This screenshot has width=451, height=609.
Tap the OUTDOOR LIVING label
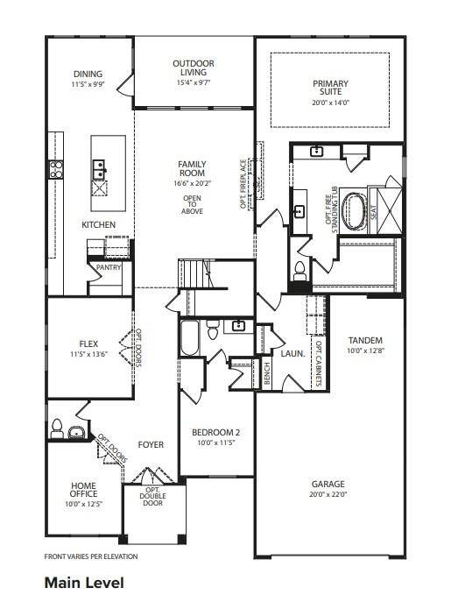pyautogui.click(x=194, y=64)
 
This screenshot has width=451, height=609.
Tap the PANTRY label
pyautogui.click(x=109, y=267)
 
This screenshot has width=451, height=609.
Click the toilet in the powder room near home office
pyautogui.click(x=58, y=428)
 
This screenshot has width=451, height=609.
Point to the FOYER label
pyautogui.click(x=151, y=445)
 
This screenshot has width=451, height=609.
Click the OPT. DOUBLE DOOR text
pyautogui.click(x=152, y=497)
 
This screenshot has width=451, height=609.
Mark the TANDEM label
pyautogui.click(x=365, y=340)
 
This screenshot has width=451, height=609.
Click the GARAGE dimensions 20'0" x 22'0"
pyautogui.click(x=328, y=495)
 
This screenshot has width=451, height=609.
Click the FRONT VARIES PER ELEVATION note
pyautogui.click(x=90, y=556)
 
